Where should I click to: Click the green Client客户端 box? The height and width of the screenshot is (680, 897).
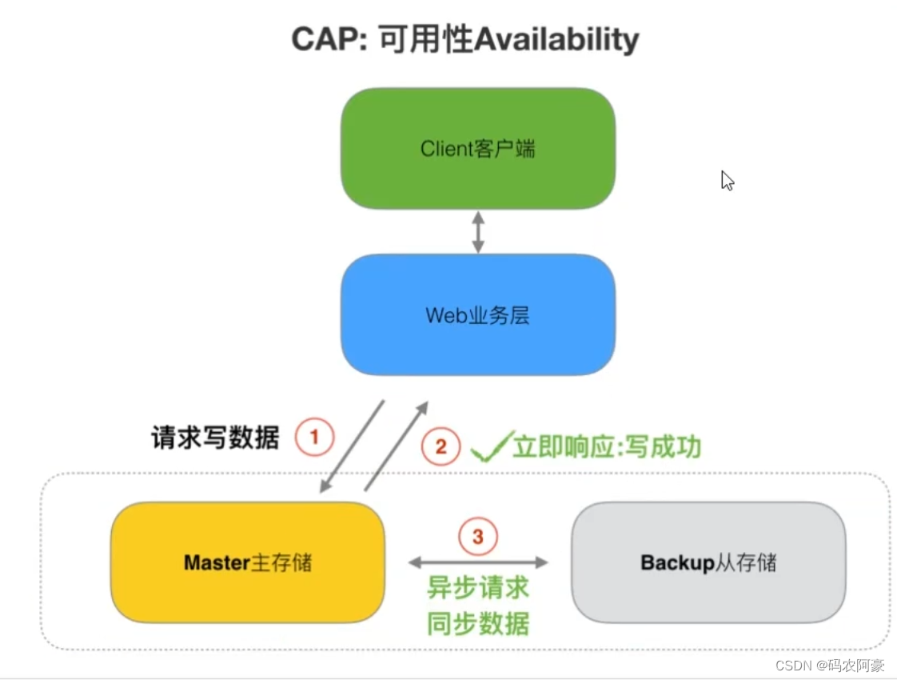pos(478,149)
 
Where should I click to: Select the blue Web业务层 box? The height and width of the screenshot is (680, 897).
pos(478,314)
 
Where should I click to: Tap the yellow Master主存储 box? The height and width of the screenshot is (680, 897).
pos(248,562)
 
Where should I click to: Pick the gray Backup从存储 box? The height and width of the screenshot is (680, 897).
pos(708,562)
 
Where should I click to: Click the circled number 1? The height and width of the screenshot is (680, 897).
pos(313,438)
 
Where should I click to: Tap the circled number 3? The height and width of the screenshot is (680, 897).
pos(478,537)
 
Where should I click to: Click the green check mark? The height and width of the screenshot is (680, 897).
pos(490,448)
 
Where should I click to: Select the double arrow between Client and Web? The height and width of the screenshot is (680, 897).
pos(478,232)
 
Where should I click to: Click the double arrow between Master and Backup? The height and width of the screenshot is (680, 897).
pos(478,562)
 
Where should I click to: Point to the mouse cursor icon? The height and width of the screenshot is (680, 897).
pos(727,180)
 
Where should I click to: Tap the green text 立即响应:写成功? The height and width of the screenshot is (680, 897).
pos(607,446)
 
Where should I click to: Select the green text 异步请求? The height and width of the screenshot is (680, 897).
pos(478,589)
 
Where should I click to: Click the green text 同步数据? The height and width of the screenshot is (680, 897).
pos(478,623)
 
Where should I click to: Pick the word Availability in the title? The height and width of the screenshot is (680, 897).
pos(556,39)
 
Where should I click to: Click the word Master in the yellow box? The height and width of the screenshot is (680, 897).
pos(217,562)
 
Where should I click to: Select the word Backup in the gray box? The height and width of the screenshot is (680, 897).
pos(676,562)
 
